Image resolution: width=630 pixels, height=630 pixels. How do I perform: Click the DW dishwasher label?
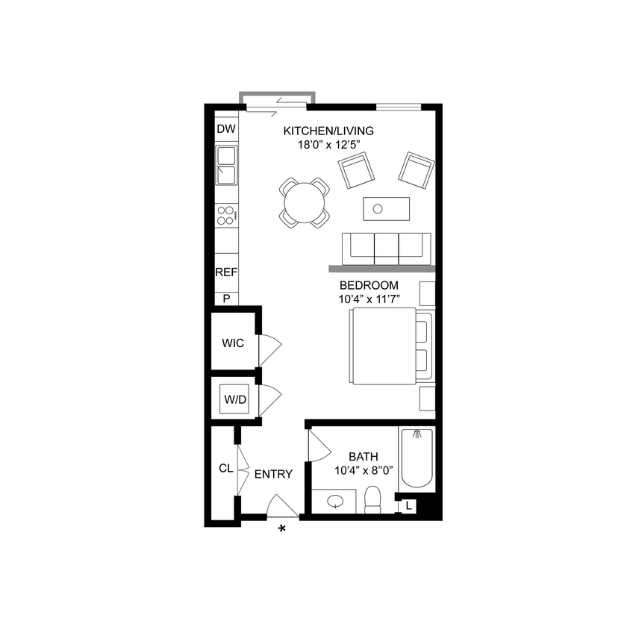click(x=225, y=129)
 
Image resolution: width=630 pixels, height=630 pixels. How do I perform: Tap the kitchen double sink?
click(x=225, y=165)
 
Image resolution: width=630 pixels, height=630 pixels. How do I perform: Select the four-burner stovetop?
click(x=225, y=216)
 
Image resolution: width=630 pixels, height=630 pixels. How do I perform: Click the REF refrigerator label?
click(x=225, y=272)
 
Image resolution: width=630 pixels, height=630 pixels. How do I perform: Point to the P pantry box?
click(x=225, y=298)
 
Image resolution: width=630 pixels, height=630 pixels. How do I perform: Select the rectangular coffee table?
click(x=386, y=208)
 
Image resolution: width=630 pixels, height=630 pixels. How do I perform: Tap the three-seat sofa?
click(x=386, y=248)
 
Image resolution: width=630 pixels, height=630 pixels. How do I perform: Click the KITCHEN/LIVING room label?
click(x=328, y=131)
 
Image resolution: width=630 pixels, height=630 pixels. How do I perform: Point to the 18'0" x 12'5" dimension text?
click(x=328, y=145)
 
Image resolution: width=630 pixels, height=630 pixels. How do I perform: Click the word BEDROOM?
click(x=369, y=285)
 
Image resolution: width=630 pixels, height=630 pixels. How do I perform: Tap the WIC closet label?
click(x=233, y=343)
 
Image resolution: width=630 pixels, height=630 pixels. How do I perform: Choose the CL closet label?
click(x=225, y=469)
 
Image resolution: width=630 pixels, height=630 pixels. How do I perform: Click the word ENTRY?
click(x=273, y=474)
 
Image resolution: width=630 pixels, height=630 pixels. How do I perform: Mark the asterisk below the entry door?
click(x=282, y=529)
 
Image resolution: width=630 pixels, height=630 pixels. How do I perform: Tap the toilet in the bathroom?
click(x=373, y=500)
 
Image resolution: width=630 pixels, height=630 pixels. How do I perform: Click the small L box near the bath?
click(x=408, y=506)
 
